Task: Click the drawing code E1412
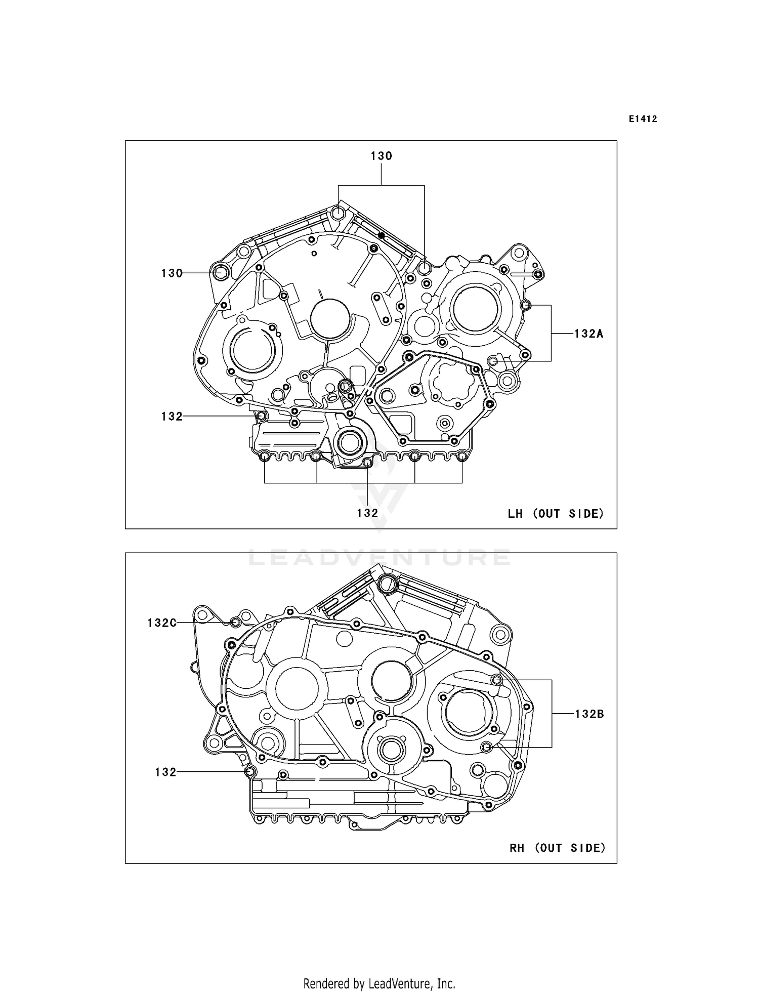click(x=643, y=119)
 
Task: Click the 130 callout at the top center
click(x=381, y=156)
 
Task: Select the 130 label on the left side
click(x=172, y=273)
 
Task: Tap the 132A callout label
click(x=588, y=334)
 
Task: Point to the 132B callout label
click(x=589, y=714)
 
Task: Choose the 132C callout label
click(x=162, y=623)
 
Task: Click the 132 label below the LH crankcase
click(x=367, y=513)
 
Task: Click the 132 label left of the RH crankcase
click(x=165, y=772)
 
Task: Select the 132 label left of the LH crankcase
click(x=172, y=417)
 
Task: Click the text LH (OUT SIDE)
click(x=556, y=514)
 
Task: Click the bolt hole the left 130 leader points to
click(x=221, y=272)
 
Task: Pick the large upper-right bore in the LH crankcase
click(x=476, y=308)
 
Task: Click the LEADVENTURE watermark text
click(x=379, y=558)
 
